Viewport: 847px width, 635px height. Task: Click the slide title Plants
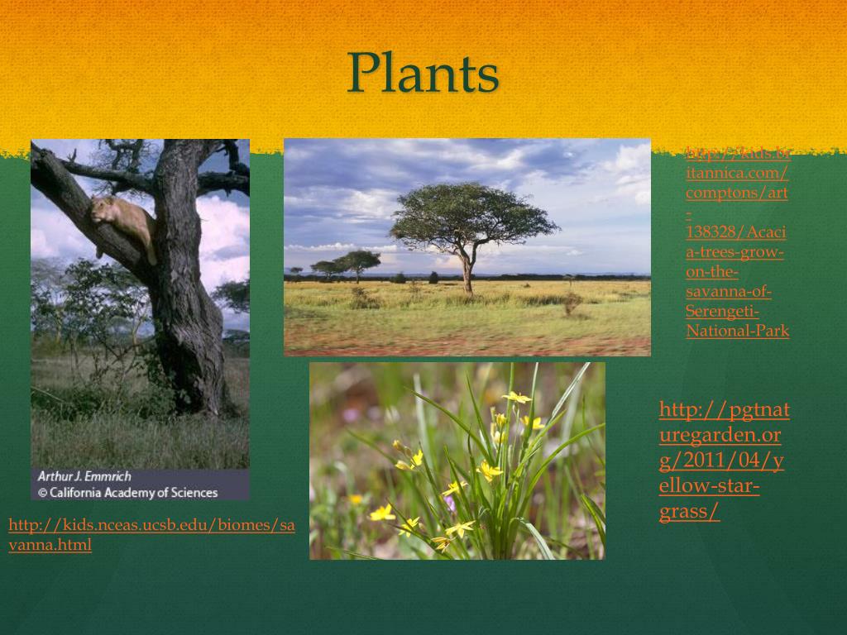[423, 73]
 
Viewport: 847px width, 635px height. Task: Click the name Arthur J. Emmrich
[84, 476]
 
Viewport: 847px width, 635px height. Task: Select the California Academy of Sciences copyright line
[127, 493]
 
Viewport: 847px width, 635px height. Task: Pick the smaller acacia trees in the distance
[347, 264]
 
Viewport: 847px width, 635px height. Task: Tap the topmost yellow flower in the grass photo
[517, 398]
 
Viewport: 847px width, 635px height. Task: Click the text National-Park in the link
[737, 332]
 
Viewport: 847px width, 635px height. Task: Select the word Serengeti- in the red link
[722, 312]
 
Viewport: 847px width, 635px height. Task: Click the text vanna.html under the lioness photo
[50, 546]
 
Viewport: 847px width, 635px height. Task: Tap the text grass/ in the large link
[689, 512]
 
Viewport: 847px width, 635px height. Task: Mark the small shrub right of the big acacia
[571, 304]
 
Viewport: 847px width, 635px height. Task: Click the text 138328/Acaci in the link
[735, 232]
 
